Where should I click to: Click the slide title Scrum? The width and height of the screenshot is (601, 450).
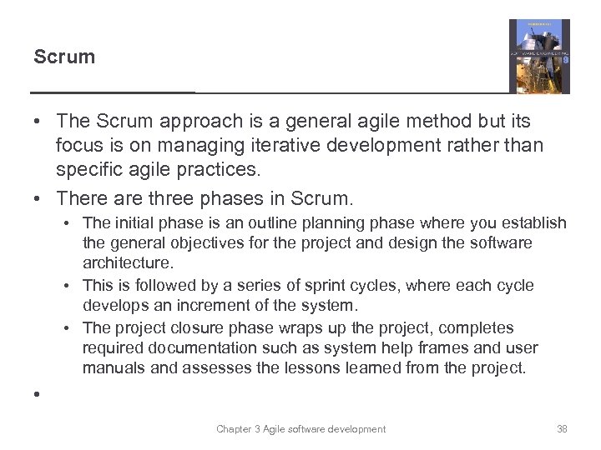pos(64,57)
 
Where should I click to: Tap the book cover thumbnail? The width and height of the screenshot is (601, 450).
pos(538,56)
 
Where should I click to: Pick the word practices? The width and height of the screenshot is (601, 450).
pos(211,169)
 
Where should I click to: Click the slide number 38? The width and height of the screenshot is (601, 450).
pos(561,429)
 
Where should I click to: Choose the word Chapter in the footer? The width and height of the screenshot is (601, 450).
pos(235,429)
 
